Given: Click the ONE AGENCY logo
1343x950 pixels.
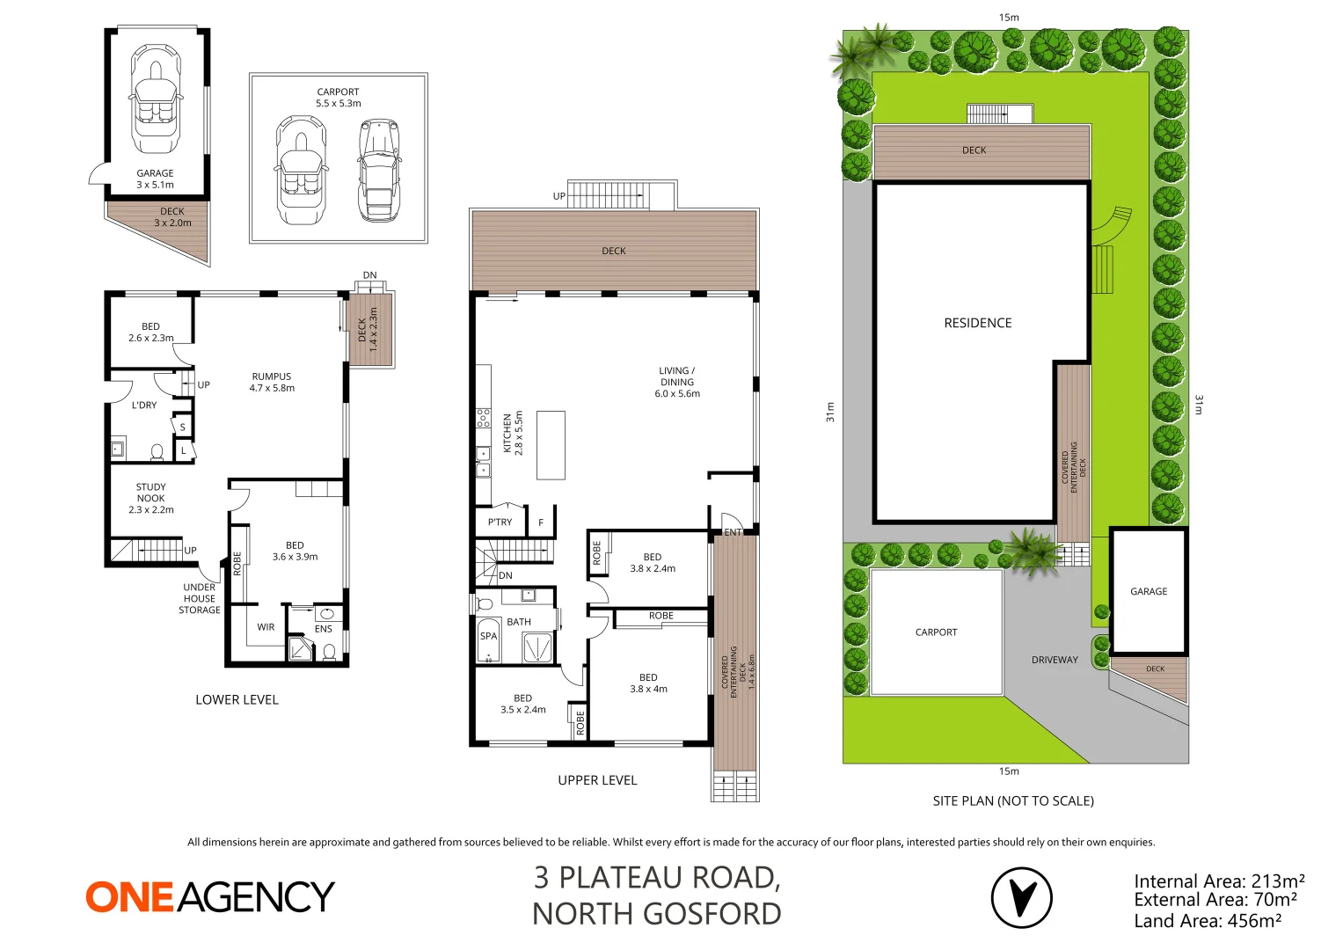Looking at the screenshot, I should [x=210, y=896].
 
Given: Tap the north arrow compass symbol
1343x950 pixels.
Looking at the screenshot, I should [x=1021, y=898].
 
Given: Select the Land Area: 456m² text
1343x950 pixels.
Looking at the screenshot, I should [x=1207, y=921].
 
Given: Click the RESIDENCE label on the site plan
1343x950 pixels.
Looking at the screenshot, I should [x=977, y=323].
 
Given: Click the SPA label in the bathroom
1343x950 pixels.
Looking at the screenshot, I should [x=488, y=636].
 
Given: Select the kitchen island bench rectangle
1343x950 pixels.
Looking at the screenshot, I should [x=551, y=445].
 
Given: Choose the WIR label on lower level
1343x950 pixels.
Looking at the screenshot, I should [x=266, y=627].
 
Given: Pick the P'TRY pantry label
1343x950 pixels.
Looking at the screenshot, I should [x=500, y=522].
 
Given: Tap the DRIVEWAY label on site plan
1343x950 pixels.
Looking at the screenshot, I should [x=1055, y=660].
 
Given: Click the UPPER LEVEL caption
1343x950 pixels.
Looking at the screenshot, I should [x=597, y=780].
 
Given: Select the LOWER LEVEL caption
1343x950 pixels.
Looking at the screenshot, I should [x=237, y=699].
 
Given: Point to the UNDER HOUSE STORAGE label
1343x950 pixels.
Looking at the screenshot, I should [x=200, y=598].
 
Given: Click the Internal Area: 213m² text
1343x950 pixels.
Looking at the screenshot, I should [x=1218, y=881].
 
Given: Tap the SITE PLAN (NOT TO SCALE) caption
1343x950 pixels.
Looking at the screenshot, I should [x=1013, y=800].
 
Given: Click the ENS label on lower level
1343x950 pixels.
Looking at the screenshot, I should [x=324, y=629].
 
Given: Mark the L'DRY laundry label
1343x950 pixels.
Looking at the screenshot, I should [x=144, y=406].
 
